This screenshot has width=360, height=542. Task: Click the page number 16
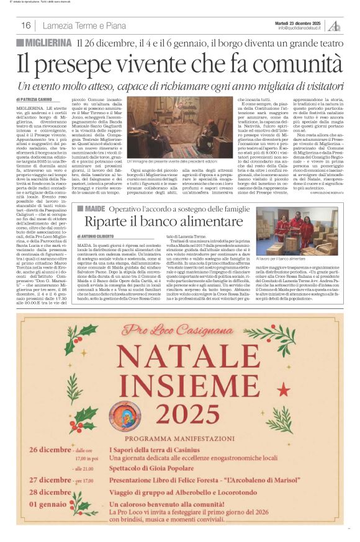pyautogui.click(x=25, y=25)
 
